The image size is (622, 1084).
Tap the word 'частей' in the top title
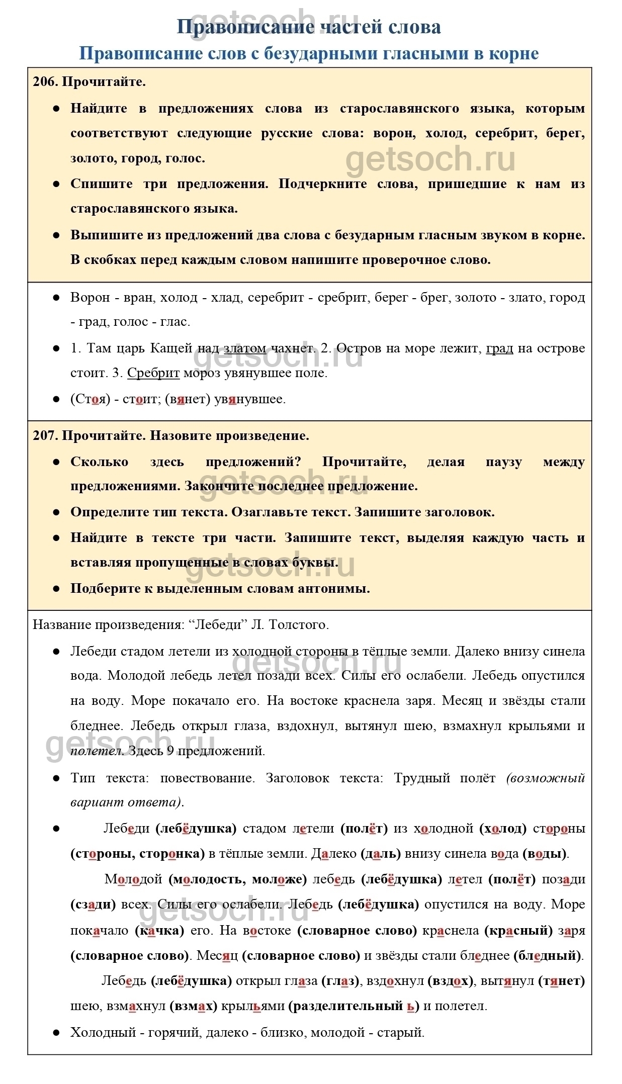pyautogui.click(x=343, y=27)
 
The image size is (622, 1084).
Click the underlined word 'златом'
pyautogui.click(x=244, y=348)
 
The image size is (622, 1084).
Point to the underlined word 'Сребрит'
pyautogui.click(x=153, y=373)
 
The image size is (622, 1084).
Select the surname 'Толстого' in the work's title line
pyautogui.click(x=299, y=624)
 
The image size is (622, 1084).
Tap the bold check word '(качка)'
pyautogui.click(x=159, y=930)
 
